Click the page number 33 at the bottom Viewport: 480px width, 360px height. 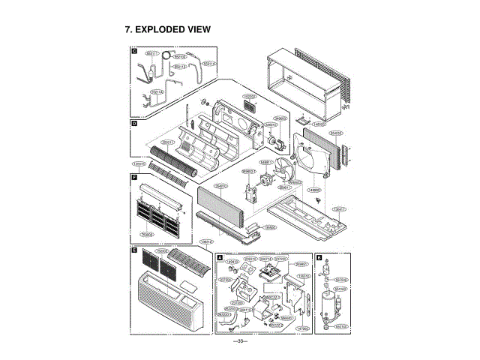click(x=240, y=341)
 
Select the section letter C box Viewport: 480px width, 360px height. click(x=134, y=52)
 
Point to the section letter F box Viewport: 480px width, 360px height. click(x=134, y=178)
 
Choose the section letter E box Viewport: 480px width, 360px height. click(x=134, y=250)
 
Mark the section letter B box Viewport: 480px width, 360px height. click(x=319, y=257)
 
